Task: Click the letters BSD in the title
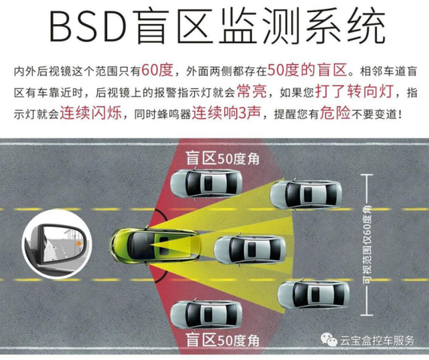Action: tap(88, 26)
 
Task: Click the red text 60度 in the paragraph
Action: tap(157, 70)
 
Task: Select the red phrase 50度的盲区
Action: tap(307, 70)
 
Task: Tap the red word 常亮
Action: tap(252, 91)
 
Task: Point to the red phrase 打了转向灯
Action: tap(354, 91)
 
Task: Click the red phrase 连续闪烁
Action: tap(91, 113)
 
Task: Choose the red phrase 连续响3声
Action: tap(226, 113)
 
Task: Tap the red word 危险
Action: tap(336, 113)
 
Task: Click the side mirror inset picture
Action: tap(56, 243)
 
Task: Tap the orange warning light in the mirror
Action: tap(79, 243)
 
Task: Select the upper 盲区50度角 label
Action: tap(223, 158)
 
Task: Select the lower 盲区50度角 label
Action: tap(223, 340)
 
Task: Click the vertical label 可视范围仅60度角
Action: tap(368, 245)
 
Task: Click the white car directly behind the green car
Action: tap(250, 250)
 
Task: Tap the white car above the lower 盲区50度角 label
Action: tap(206, 315)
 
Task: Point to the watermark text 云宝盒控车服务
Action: tap(378, 340)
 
